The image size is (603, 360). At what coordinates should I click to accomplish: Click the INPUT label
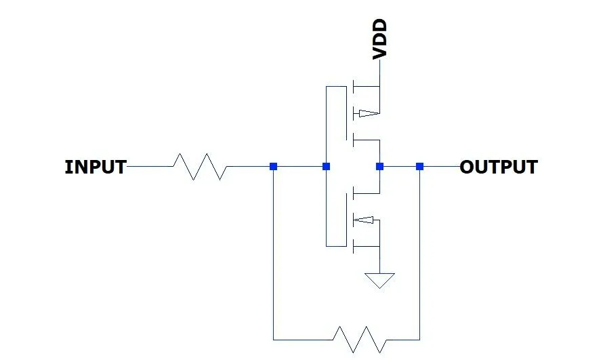(x=95, y=167)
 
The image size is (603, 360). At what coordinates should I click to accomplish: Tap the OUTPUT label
(x=499, y=167)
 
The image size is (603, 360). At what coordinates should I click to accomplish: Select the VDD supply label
(x=380, y=40)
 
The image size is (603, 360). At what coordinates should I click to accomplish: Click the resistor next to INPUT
(x=200, y=166)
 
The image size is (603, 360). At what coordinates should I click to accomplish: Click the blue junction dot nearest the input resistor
(x=273, y=166)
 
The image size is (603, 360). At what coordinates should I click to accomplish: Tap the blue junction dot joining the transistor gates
(x=326, y=166)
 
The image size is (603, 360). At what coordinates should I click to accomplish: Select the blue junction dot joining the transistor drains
(x=379, y=166)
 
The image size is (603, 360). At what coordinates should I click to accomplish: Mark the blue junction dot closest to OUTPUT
(x=419, y=166)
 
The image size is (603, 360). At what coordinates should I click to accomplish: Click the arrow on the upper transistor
(x=366, y=113)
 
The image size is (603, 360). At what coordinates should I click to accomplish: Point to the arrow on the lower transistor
(x=364, y=219)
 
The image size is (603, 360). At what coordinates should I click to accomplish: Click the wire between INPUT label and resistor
(x=150, y=166)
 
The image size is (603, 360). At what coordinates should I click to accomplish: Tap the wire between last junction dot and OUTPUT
(x=440, y=166)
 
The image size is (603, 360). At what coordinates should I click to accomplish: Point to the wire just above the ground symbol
(x=379, y=261)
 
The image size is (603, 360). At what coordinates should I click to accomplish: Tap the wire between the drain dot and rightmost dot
(x=400, y=166)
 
